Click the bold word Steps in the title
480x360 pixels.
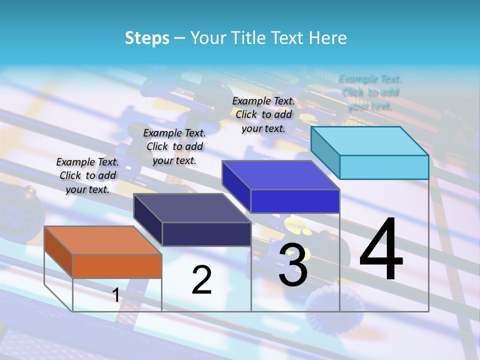pos(147,38)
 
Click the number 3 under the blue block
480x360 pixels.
pos(293,265)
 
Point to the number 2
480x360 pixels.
pos(201,280)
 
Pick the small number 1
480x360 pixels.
pos(115,295)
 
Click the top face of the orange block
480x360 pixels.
pos(102,240)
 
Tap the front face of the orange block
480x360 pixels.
pos(117,266)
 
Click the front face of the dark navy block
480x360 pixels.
pos(206,234)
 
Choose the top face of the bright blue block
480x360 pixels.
pos(280,175)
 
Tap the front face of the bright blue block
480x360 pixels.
pos(295,201)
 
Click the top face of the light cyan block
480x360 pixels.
pos(369,141)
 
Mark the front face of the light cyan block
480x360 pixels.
pos(384,167)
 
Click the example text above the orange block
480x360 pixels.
pos(87,175)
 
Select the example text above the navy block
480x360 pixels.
pos(174,146)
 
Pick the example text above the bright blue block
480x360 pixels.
pos(263,114)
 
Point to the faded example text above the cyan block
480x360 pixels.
pos(370,92)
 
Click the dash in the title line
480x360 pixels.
pos(179,38)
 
